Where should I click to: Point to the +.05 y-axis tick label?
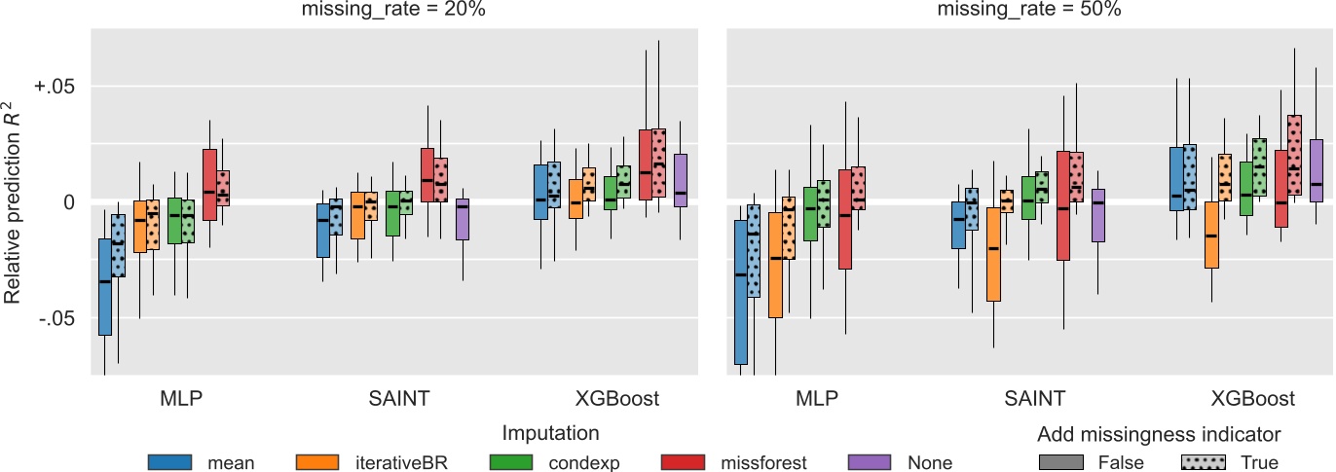[56, 87]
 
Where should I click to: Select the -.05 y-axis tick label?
[57, 318]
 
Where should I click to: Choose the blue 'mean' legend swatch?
[171, 462]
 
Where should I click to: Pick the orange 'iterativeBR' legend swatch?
[317, 462]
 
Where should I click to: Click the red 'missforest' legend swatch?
[683, 462]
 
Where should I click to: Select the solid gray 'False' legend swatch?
[1062, 462]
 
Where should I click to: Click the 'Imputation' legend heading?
[550, 433]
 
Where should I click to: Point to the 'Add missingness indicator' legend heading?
[1158, 433]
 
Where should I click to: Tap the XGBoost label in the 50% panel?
[1252, 398]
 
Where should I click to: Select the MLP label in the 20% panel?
[182, 398]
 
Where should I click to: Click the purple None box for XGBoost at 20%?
[681, 180]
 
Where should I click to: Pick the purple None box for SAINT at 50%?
[1098, 215]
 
